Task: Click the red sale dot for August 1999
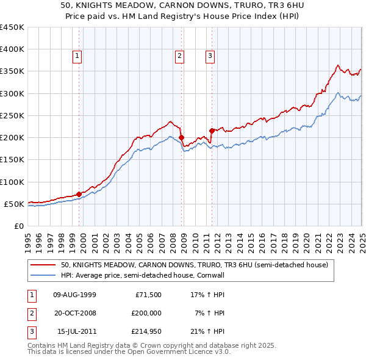click(79, 194)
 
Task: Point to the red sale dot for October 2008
click(181, 137)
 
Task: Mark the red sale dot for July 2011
click(212, 131)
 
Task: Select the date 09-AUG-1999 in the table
click(75, 295)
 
